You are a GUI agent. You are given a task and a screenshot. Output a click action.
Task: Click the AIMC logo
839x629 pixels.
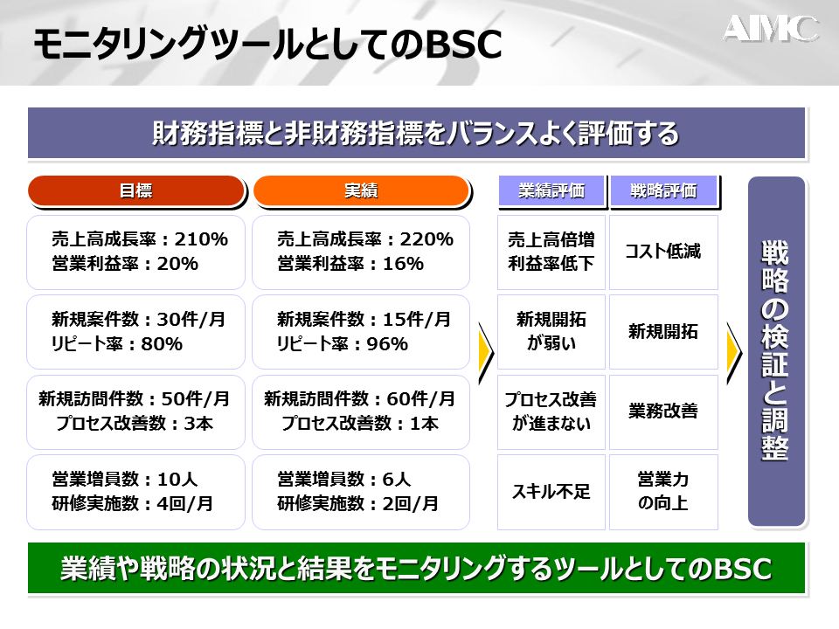click(771, 28)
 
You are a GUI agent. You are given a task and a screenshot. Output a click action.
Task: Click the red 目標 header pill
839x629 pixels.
click(136, 191)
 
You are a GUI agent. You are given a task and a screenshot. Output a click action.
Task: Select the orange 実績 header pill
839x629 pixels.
click(361, 191)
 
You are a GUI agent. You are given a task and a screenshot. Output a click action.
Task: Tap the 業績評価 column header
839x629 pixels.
click(551, 191)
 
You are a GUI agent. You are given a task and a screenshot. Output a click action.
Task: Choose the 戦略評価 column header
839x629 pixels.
click(663, 191)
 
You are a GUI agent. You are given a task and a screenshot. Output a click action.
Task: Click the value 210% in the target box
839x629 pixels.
click(201, 239)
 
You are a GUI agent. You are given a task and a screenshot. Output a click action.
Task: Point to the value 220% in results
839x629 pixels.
click(426, 239)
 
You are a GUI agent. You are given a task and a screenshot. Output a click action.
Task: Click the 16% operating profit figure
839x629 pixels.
click(403, 264)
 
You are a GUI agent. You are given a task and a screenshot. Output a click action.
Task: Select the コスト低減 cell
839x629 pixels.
click(663, 252)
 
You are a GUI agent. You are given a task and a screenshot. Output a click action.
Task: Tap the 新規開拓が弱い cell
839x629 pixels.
click(551, 332)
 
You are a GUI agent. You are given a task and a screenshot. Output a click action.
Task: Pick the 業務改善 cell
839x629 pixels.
click(663, 411)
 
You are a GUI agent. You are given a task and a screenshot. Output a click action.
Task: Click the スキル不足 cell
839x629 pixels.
click(551, 492)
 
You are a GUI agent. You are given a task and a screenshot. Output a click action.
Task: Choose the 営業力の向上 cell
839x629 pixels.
click(663, 492)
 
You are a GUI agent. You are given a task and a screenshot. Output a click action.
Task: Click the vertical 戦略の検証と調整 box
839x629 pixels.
click(776, 351)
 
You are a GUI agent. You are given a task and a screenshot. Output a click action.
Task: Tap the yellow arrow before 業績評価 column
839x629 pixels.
click(487, 353)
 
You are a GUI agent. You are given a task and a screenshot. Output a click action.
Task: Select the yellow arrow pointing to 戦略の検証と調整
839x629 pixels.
click(734, 353)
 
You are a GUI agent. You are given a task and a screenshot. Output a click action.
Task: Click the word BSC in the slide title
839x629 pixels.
click(463, 44)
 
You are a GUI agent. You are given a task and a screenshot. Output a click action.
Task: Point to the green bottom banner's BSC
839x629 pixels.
click(743, 569)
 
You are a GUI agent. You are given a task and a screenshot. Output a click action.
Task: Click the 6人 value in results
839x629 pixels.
click(397, 480)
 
